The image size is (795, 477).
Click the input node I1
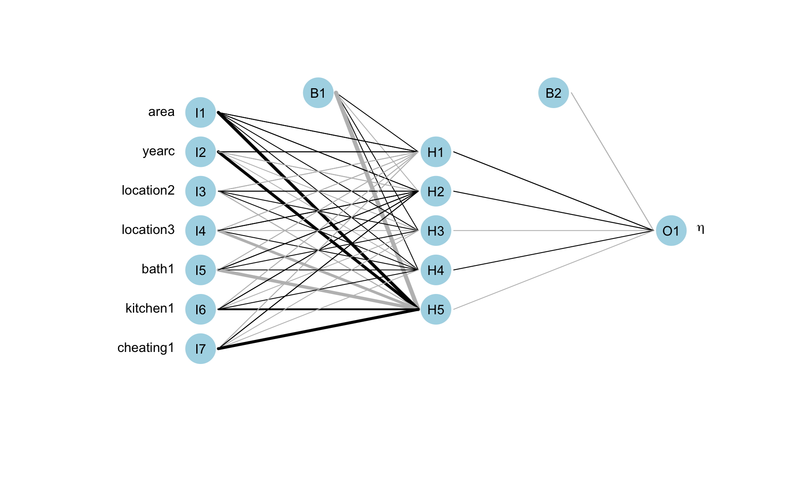point(200,113)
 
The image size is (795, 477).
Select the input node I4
point(200,231)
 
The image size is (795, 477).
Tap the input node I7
point(200,349)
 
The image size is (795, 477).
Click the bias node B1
point(318,93)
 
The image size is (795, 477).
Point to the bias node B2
point(554,93)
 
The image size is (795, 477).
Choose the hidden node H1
point(436,152)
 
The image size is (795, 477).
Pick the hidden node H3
point(436,231)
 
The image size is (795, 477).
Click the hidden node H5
point(436,309)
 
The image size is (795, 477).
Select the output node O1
point(671,231)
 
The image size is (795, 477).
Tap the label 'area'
point(161,112)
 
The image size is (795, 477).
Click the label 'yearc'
point(159,151)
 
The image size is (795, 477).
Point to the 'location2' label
point(148,190)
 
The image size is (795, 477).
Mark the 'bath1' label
point(158,269)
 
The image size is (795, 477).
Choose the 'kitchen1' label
point(149,308)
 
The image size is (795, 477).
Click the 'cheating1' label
point(146,348)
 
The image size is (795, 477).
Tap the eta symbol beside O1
point(701,229)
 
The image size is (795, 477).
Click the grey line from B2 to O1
point(612,161)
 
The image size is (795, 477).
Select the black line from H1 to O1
point(553,191)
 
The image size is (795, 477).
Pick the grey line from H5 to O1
point(553,270)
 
